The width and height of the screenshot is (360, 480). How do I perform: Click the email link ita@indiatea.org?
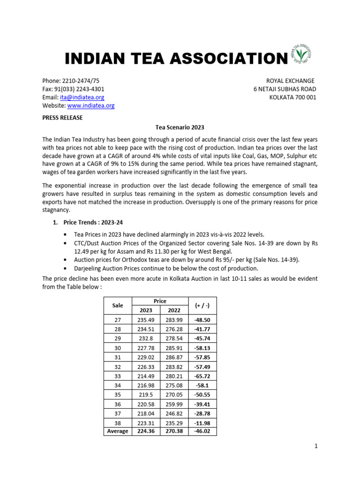(x=82, y=97)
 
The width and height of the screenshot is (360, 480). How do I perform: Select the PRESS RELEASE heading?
(x=62, y=118)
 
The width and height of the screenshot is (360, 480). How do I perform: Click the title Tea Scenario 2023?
(x=180, y=127)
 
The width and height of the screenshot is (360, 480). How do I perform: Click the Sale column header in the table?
(x=118, y=305)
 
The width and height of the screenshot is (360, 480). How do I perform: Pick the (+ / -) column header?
(x=202, y=305)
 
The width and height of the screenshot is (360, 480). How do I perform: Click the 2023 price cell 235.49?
(x=146, y=320)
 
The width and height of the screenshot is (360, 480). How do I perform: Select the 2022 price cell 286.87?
(x=174, y=357)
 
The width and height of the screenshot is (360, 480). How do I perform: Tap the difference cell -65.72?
(x=202, y=375)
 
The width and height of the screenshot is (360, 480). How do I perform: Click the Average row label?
(x=118, y=431)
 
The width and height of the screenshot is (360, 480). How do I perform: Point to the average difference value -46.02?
(x=202, y=431)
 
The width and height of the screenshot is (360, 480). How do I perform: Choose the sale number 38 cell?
(x=118, y=422)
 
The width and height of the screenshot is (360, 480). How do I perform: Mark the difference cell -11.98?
(x=202, y=422)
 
